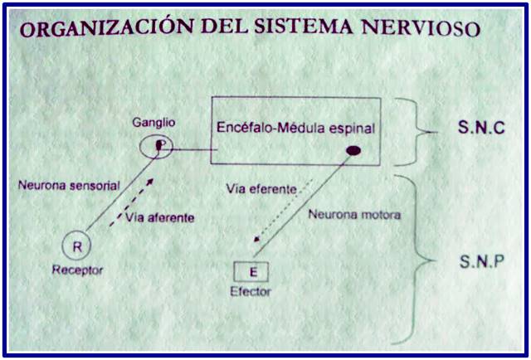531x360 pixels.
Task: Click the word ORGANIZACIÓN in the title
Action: pyautogui.click(x=105, y=27)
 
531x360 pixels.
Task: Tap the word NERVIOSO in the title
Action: pyautogui.click(x=421, y=28)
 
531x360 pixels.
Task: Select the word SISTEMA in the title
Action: pyautogui.click(x=304, y=27)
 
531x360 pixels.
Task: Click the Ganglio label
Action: pyautogui.click(x=153, y=122)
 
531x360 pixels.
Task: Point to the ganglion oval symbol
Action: pyautogui.click(x=140, y=147)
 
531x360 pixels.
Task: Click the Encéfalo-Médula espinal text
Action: pyautogui.click(x=295, y=128)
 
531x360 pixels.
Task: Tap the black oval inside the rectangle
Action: pyautogui.click(x=353, y=151)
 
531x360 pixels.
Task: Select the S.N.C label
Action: pyautogui.click(x=481, y=128)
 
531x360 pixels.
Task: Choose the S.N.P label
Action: pyautogui.click(x=481, y=261)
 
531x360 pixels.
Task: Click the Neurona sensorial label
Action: pyautogui.click(x=69, y=186)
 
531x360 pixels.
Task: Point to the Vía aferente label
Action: pyautogui.click(x=160, y=217)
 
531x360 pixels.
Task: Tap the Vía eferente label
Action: pyautogui.click(x=261, y=189)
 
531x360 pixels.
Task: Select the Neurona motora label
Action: pyautogui.click(x=354, y=214)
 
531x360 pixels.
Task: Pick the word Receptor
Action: pyautogui.click(x=77, y=270)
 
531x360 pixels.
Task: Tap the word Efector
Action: pyautogui.click(x=251, y=291)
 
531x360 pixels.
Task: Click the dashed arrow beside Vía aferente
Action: pyautogui.click(x=131, y=203)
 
